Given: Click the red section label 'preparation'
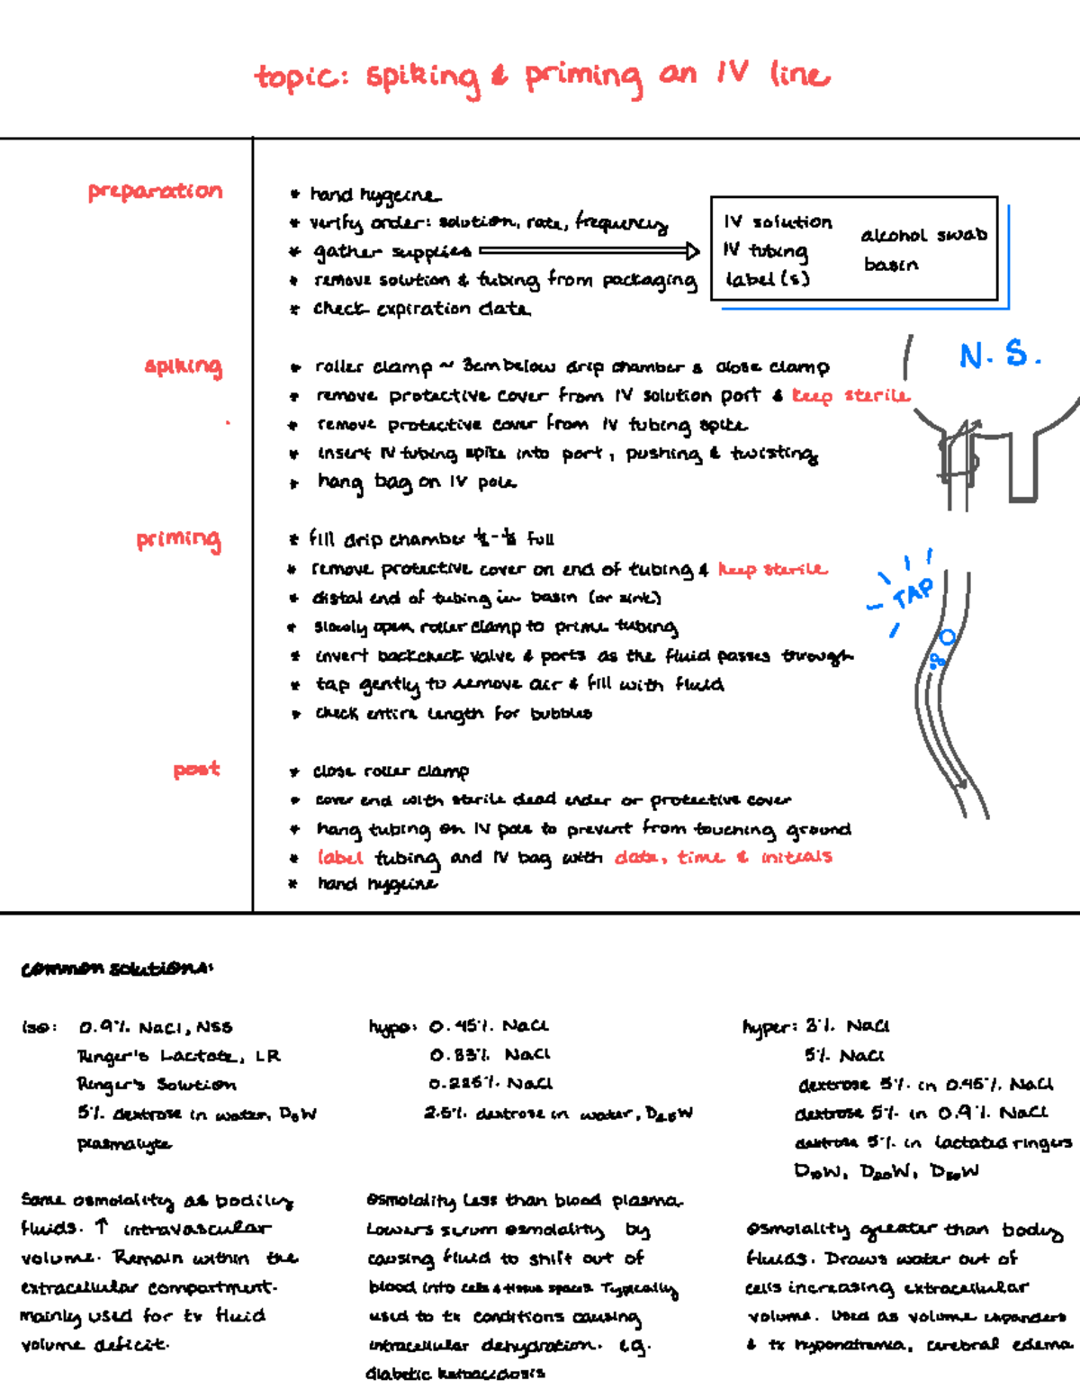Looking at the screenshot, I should click(155, 192).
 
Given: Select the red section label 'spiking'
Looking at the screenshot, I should click(183, 366).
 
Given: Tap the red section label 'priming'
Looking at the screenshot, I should click(178, 539).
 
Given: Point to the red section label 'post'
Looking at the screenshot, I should click(196, 770).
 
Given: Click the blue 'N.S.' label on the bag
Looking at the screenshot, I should click(1000, 355).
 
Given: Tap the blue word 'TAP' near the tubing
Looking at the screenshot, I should click(913, 594).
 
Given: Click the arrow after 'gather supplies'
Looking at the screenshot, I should click(589, 251).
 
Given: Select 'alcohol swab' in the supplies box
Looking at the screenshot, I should click(923, 236).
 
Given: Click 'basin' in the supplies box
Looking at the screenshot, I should click(891, 265).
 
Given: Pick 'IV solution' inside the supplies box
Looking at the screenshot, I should click(778, 222).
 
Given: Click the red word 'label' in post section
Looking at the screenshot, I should click(339, 857).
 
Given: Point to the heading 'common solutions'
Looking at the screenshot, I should click(117, 969).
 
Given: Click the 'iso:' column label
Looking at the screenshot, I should click(40, 1027).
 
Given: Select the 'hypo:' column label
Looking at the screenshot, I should click(392, 1027).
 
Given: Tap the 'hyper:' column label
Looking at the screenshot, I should click(769, 1027).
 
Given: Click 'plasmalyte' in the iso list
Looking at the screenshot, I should click(123, 1144).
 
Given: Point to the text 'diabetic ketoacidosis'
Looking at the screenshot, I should click(455, 1374).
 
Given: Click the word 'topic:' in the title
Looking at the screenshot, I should click(301, 77).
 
